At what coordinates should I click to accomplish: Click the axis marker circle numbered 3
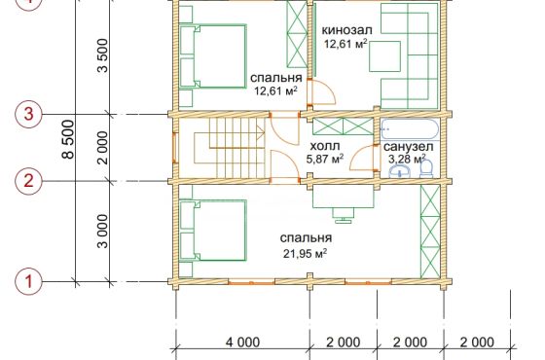point(29,115)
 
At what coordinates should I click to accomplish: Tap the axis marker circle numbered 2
point(29,181)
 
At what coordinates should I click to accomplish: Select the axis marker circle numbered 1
point(29,281)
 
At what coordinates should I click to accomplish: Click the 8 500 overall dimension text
point(68,139)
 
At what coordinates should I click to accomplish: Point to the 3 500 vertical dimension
point(103,55)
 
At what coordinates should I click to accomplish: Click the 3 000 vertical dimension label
point(103,232)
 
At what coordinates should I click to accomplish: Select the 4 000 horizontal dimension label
point(242,342)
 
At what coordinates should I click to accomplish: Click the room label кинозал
point(346,30)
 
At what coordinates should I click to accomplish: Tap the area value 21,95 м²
point(306,253)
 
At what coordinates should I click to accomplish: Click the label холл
point(325,146)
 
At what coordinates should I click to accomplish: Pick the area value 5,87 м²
point(325,159)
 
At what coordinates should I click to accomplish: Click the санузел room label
point(409,147)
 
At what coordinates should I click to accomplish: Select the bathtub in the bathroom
point(410,129)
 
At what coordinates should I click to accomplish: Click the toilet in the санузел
point(426,168)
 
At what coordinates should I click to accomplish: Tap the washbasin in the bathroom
point(400,171)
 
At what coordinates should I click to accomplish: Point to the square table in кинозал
point(384,56)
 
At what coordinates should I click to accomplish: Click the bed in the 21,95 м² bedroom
point(213,230)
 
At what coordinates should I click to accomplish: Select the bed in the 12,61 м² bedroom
point(213,55)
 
